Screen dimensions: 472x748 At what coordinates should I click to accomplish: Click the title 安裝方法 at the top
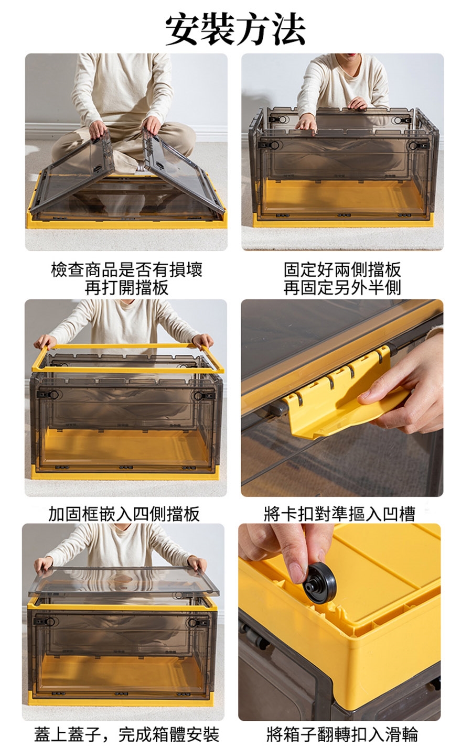tap(235, 29)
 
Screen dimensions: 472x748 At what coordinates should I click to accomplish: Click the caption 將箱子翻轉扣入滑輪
tap(342, 734)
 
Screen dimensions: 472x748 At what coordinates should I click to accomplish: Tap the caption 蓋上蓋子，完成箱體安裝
tap(126, 734)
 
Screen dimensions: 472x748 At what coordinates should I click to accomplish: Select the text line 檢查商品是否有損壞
tap(126, 270)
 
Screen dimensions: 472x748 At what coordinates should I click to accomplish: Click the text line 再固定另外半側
tap(342, 288)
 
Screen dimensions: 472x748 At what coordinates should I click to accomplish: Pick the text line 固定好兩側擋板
tap(342, 270)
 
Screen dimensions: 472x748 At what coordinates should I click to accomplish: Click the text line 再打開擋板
tap(126, 288)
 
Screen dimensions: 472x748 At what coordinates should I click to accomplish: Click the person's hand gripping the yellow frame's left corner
tap(46, 342)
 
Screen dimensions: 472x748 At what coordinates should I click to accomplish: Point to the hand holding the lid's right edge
tap(197, 564)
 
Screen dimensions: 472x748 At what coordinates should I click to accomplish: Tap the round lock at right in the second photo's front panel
tap(414, 145)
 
